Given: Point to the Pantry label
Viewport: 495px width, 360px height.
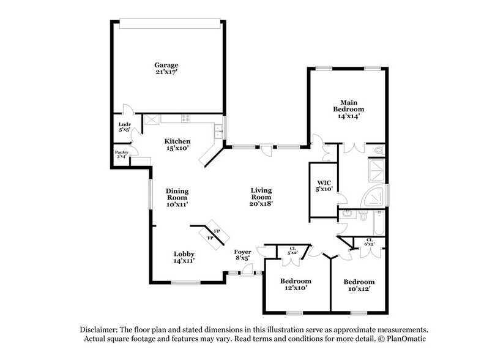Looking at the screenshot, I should tap(121, 153).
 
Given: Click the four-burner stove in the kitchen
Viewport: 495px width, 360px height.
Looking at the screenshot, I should tap(183, 119).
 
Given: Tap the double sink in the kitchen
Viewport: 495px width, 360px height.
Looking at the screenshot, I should tap(217, 129).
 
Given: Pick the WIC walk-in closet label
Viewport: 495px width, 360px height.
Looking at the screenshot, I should tap(324, 186).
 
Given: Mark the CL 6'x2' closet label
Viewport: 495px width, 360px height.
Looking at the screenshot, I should tap(369, 242).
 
